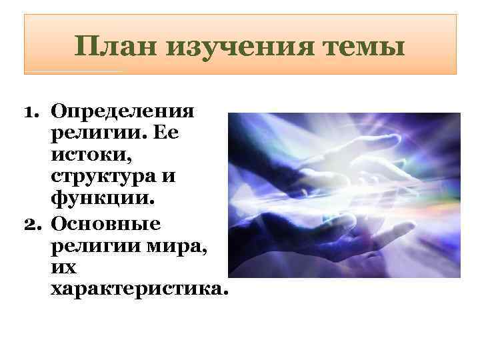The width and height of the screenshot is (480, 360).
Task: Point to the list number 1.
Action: (34, 110)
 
